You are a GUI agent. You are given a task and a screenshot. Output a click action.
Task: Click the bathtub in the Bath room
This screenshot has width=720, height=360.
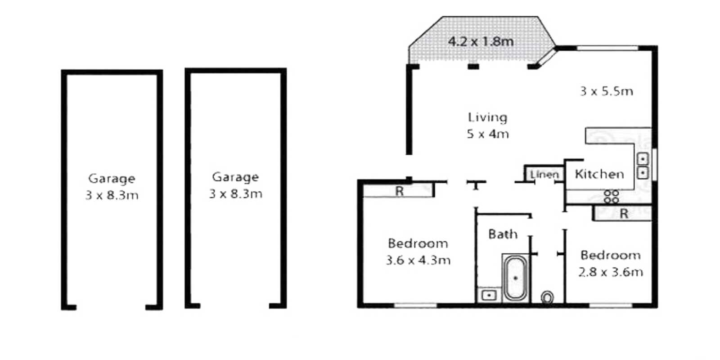click(515, 278)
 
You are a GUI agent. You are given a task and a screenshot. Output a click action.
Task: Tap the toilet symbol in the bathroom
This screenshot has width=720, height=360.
click(547, 297)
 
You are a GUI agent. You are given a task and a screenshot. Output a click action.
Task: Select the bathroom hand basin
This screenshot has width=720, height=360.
click(489, 295)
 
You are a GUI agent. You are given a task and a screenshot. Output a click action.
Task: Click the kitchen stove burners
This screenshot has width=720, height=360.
click(611, 197)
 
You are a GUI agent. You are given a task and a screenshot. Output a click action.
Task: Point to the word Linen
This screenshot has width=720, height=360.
click(544, 175)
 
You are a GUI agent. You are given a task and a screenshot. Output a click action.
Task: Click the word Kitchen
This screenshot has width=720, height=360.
click(599, 174)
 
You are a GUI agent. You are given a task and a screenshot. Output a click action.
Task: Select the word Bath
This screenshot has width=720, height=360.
click(503, 234)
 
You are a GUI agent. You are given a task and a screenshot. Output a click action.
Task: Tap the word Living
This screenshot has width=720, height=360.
click(488, 117)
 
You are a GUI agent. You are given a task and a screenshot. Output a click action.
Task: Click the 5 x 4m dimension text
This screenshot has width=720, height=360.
click(488, 134)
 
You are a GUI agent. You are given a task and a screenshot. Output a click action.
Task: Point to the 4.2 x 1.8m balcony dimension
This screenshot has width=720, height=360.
click(481, 41)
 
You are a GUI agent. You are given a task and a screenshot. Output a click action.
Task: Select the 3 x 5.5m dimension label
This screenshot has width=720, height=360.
click(607, 91)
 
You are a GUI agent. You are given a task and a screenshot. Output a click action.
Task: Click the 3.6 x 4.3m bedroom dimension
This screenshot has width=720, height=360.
click(418, 260)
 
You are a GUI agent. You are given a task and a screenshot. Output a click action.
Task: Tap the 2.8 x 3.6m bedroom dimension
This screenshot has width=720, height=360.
click(611, 272)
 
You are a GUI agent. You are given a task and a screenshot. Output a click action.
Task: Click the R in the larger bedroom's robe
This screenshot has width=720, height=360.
click(400, 191)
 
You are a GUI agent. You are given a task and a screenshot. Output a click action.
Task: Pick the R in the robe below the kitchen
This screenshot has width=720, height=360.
click(624, 214)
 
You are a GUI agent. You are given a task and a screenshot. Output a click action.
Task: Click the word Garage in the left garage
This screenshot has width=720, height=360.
click(112, 179)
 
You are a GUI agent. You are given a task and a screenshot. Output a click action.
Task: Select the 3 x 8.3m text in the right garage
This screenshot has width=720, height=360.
click(236, 194)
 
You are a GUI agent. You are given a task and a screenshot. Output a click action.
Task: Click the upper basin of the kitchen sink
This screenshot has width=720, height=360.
click(643, 159)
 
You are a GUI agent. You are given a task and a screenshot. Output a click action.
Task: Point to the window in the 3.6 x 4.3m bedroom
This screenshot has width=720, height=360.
click(415, 305)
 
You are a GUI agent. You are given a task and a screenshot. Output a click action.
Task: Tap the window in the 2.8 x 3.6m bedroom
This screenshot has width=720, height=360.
click(611, 305)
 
